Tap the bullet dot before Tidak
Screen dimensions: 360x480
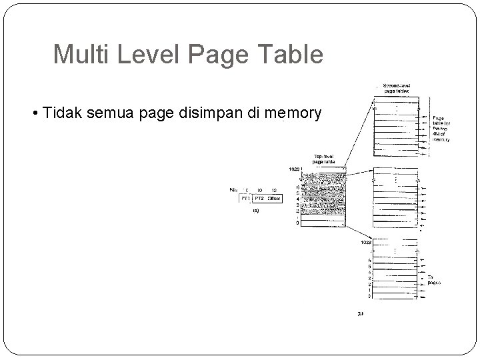[35, 113]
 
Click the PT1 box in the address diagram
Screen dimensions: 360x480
[245, 199]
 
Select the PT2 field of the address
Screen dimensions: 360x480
[259, 199]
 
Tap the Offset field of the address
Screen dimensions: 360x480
[274, 199]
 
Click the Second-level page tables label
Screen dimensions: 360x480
[397, 89]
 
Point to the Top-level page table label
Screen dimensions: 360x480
[324, 159]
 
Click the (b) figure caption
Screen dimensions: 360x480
[361, 313]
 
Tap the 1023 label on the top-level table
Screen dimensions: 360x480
[294, 169]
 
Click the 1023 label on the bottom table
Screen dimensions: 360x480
[366, 243]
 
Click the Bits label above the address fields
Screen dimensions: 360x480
[233, 190]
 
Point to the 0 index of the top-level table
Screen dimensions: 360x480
[297, 223]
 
